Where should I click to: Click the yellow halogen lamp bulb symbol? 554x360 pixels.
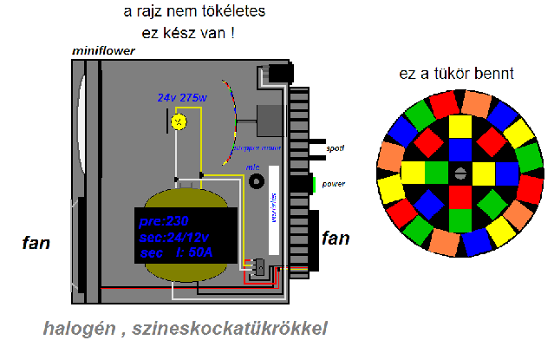click(x=179, y=121)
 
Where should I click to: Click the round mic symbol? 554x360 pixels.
click(x=256, y=181)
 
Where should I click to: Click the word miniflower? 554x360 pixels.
click(x=105, y=52)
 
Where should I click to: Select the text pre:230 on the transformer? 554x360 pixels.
click(x=165, y=220)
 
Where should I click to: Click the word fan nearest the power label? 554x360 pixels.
click(x=336, y=238)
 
